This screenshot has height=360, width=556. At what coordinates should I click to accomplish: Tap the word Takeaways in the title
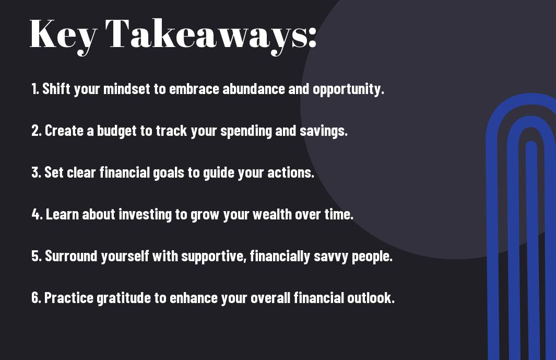click(202, 36)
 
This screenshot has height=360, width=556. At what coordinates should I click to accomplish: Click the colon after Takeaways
click(312, 37)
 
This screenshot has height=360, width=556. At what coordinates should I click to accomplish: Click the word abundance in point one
click(254, 89)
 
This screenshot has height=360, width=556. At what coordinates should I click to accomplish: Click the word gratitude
click(124, 298)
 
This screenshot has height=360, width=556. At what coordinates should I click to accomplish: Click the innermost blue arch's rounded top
click(531, 145)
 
